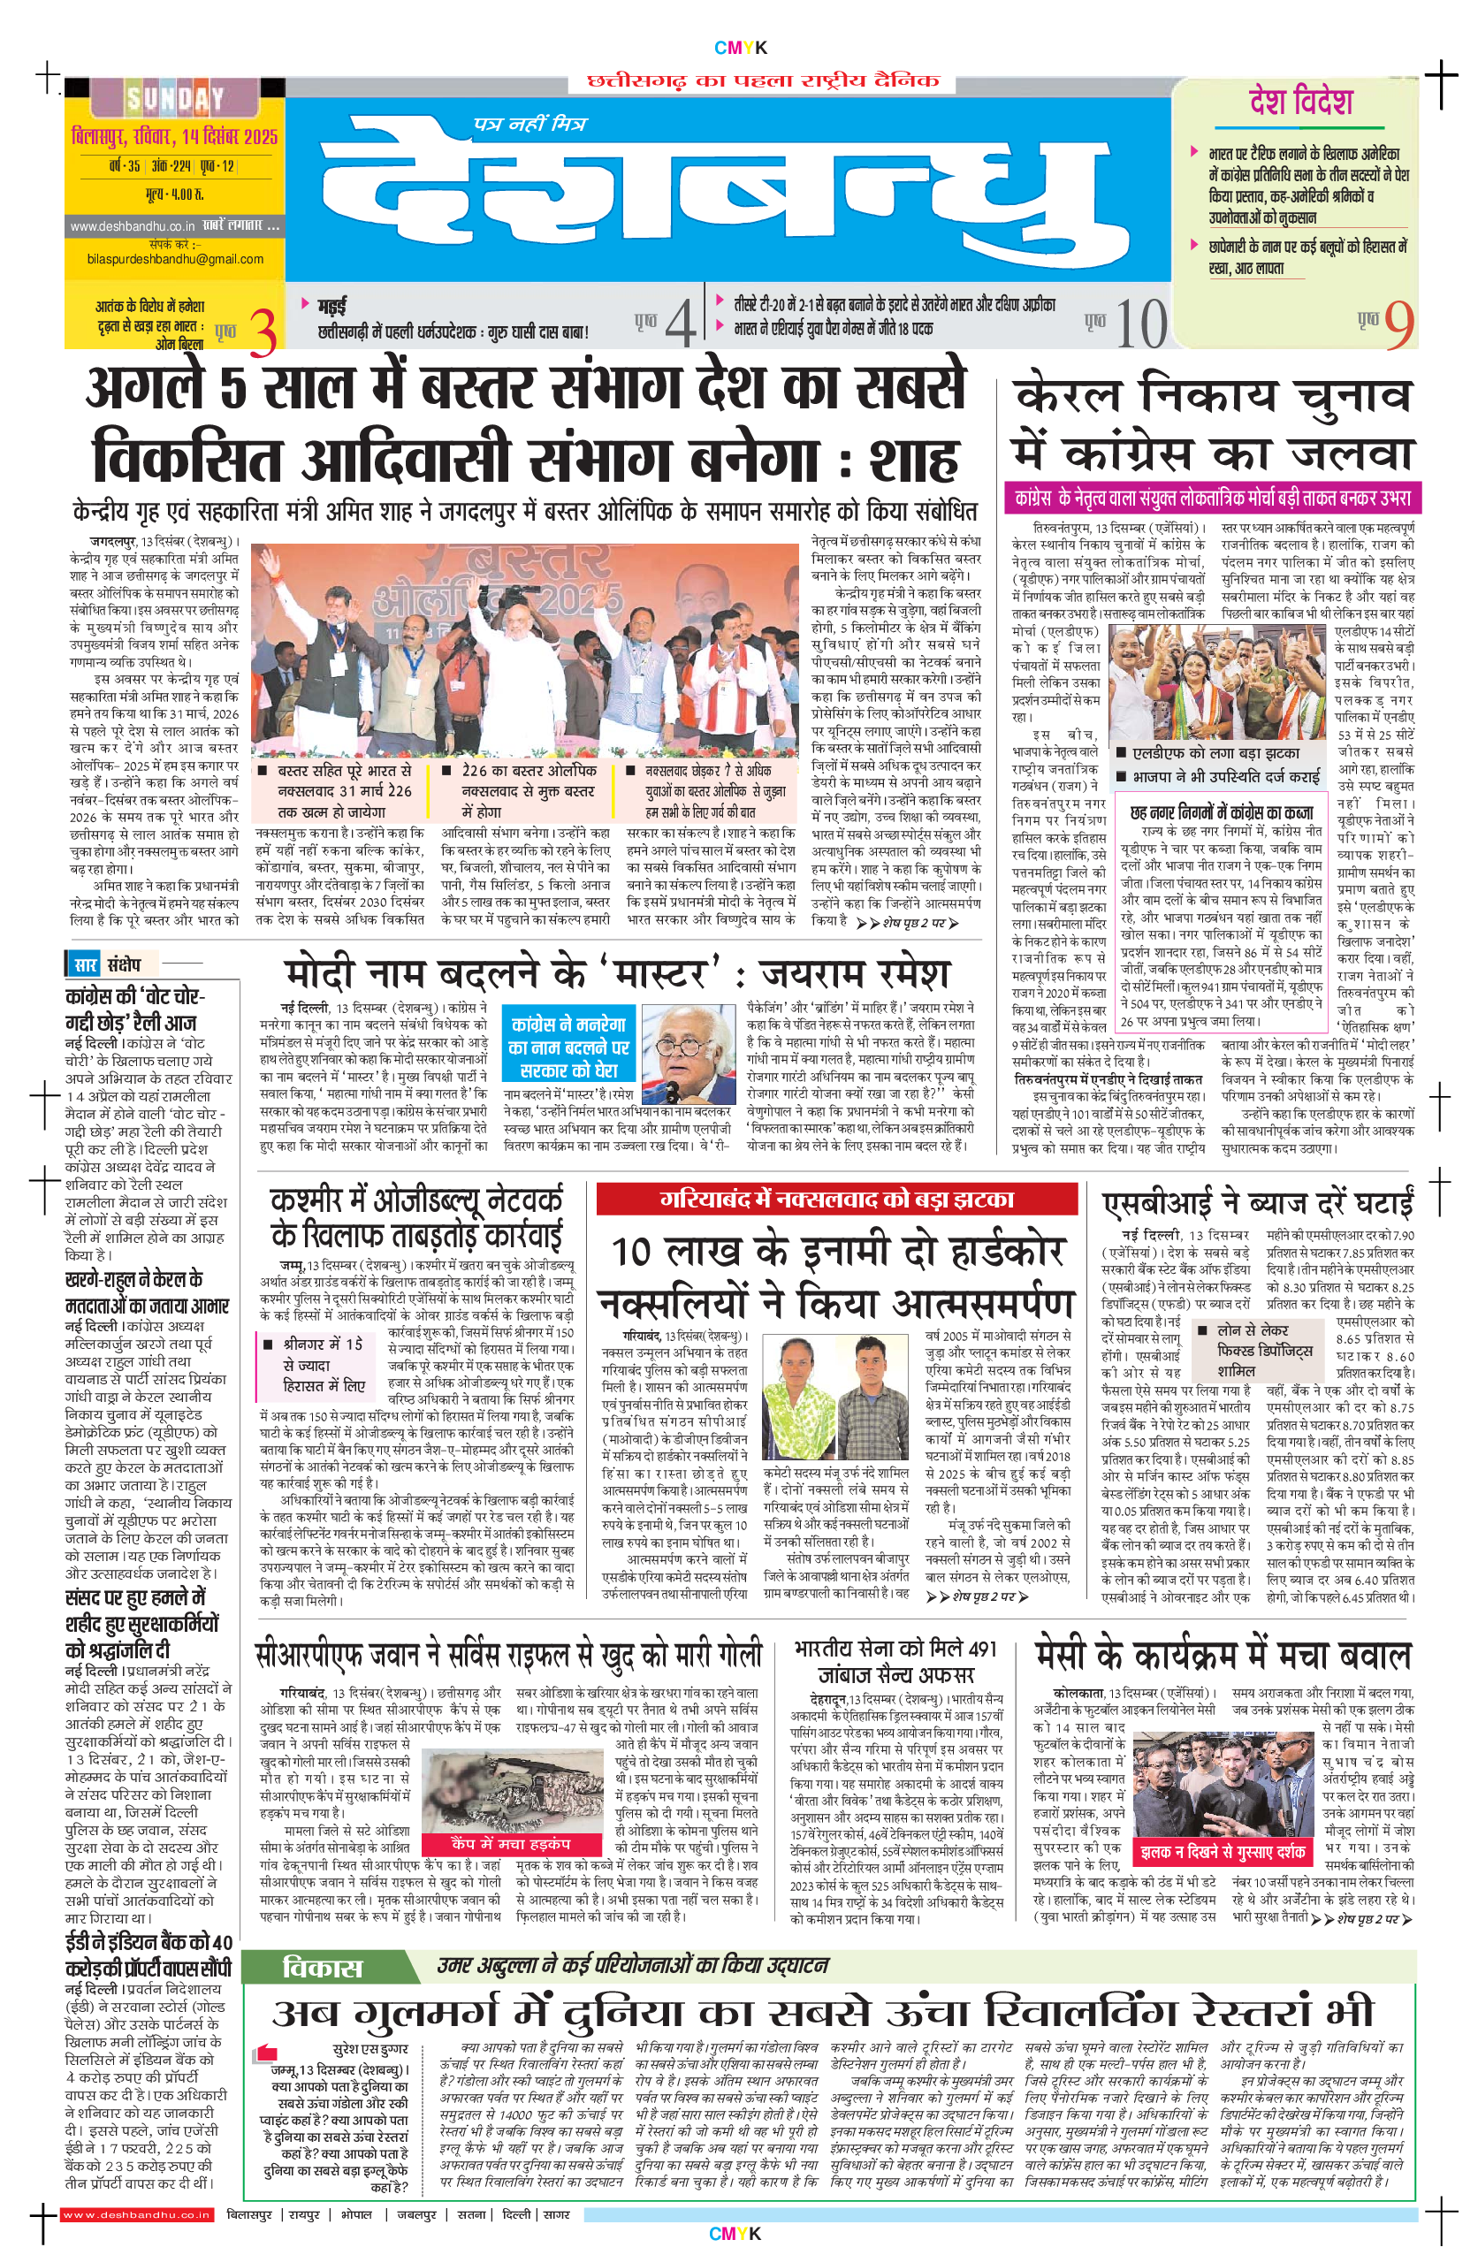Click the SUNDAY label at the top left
point(175,97)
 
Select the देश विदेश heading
point(1300,103)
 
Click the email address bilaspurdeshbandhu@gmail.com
point(174,259)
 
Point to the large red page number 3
point(264,331)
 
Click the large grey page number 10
point(1140,325)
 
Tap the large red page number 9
point(1398,325)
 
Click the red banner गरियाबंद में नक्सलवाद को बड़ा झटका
point(835,1200)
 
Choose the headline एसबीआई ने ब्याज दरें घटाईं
point(1257,1202)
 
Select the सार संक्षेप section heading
point(106,964)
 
